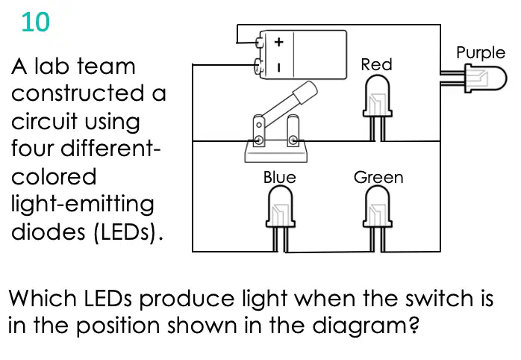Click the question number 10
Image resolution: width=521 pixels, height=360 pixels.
pyautogui.click(x=36, y=22)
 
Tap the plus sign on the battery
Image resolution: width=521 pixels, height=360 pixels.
pyautogui.click(x=278, y=42)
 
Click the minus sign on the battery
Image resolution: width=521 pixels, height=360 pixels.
pyautogui.click(x=278, y=68)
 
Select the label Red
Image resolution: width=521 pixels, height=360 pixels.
pyautogui.click(x=376, y=64)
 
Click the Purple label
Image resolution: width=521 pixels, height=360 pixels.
pyautogui.click(x=481, y=53)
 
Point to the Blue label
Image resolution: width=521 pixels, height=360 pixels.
pyautogui.click(x=279, y=177)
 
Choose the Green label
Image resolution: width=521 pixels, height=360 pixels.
pyautogui.click(x=378, y=177)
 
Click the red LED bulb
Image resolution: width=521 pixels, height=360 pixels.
pyautogui.click(x=378, y=96)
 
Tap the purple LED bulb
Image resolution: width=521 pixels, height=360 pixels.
pyautogui.click(x=486, y=78)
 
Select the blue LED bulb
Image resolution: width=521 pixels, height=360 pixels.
pyautogui.click(x=281, y=206)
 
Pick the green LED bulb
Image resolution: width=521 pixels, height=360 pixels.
pyautogui.click(x=378, y=206)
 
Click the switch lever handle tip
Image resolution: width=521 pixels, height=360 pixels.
pyautogui.click(x=306, y=91)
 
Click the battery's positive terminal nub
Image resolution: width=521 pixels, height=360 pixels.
pyautogui.click(x=259, y=43)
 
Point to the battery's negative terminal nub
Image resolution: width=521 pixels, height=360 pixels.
pyautogui.click(x=258, y=65)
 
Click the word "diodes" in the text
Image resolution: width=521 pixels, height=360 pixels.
pyautogui.click(x=49, y=231)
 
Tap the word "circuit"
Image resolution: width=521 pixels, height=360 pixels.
pyautogui.click(x=44, y=121)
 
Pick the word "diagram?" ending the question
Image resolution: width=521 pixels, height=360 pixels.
pyautogui.click(x=366, y=326)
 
